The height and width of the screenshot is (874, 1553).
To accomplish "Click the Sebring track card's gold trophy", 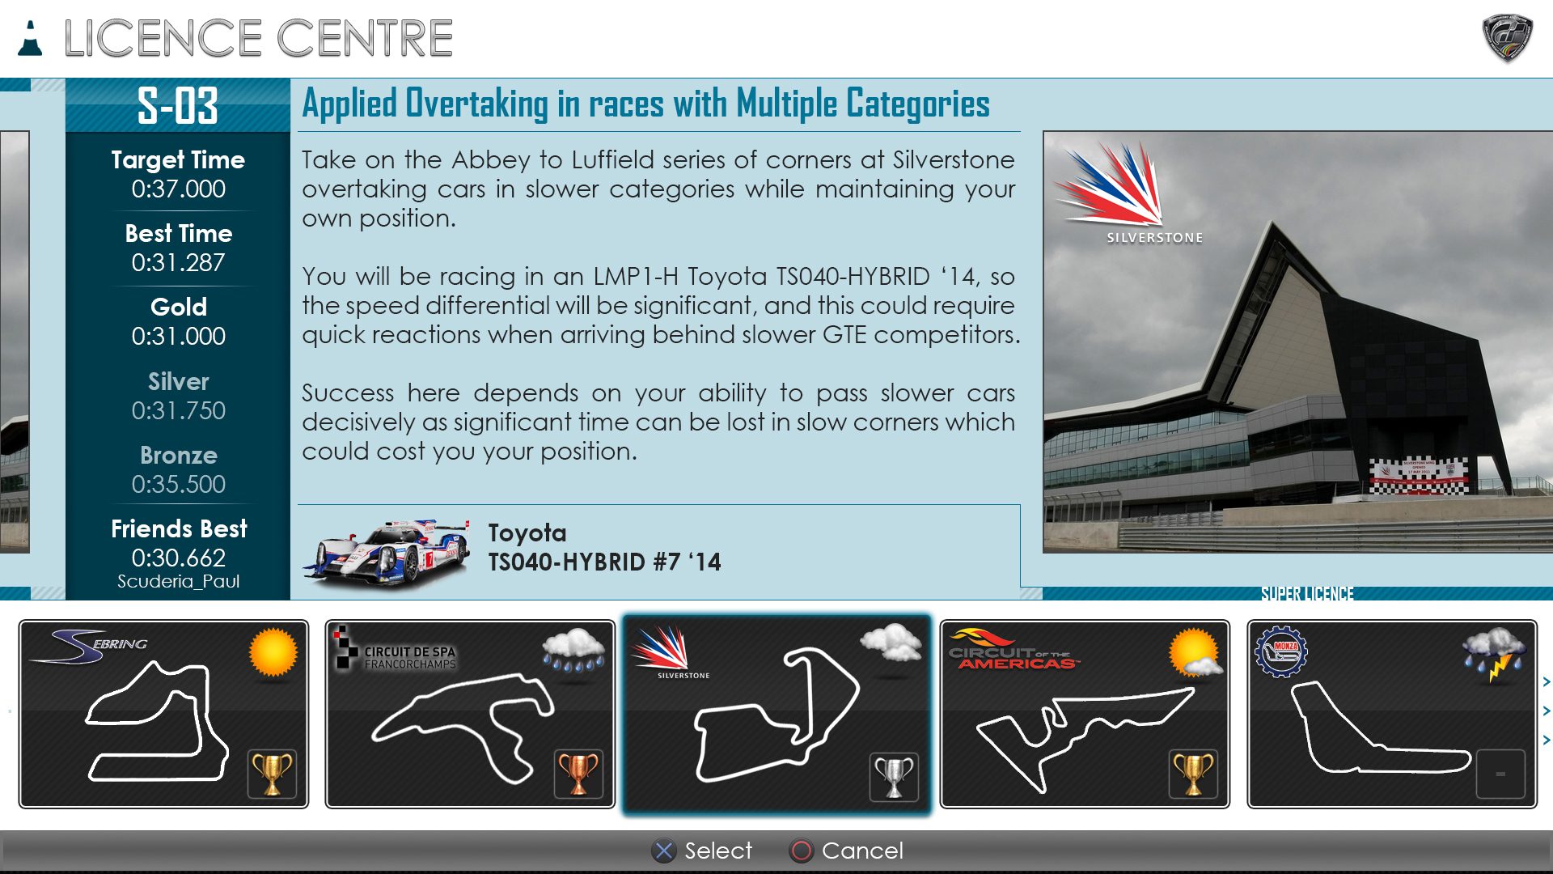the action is click(272, 774).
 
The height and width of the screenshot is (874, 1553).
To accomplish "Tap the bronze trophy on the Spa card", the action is click(578, 774).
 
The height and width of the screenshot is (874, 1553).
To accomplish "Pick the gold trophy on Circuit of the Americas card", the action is click(1193, 774).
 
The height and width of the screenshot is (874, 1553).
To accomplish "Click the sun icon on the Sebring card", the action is click(273, 651).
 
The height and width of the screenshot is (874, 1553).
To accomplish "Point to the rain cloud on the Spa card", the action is click(573, 651).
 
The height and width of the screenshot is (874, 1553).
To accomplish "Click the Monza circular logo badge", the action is click(1281, 651).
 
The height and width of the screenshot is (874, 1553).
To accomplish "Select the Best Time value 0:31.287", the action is click(178, 262).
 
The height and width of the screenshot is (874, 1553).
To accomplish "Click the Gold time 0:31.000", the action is click(178, 336).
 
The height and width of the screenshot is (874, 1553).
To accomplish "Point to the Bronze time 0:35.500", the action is click(178, 484).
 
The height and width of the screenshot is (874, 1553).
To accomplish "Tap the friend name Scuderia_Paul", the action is click(178, 581).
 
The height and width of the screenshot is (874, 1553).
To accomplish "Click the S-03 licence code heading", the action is click(178, 105).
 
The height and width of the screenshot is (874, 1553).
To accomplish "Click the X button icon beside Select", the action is click(664, 851).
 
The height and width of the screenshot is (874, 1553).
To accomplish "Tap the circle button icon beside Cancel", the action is click(801, 851).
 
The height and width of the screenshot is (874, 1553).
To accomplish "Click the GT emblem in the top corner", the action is click(1508, 37).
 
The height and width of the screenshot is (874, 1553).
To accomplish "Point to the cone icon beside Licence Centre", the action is click(31, 38).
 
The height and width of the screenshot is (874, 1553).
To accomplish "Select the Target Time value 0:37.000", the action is click(178, 189).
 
